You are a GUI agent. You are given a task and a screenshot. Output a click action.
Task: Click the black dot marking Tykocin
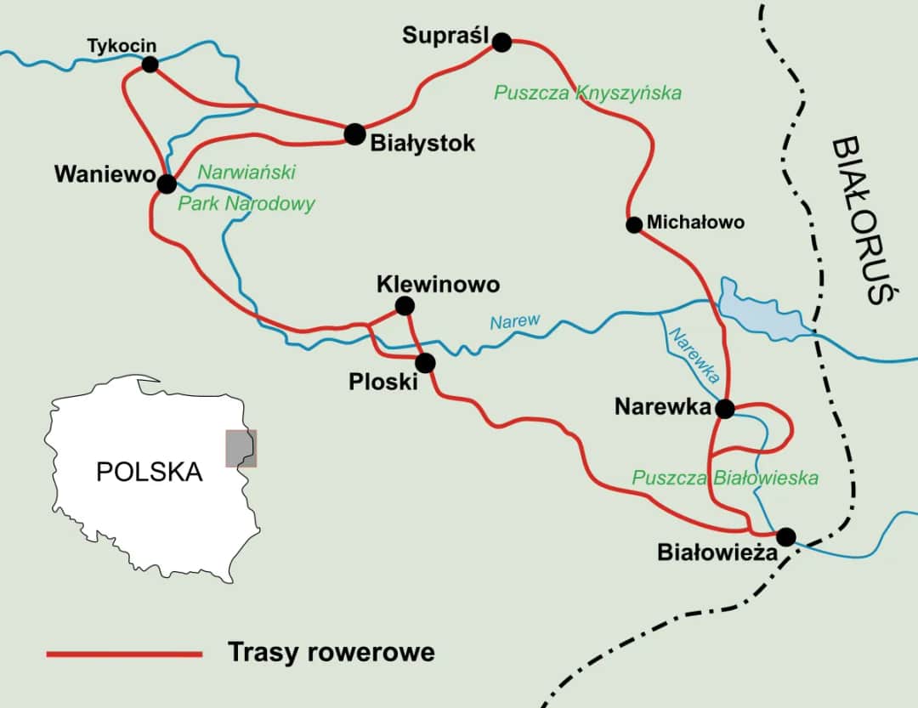150,64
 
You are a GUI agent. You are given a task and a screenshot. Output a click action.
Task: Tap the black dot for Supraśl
502,42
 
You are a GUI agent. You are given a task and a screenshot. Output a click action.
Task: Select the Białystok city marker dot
354,133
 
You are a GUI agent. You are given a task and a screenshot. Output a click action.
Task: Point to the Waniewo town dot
167,183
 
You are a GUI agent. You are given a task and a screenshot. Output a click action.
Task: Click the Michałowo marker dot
633,224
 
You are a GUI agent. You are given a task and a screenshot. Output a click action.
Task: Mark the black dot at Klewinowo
405,305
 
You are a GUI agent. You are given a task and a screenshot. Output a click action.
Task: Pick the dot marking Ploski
425,363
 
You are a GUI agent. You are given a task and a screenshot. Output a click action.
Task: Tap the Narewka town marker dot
724,409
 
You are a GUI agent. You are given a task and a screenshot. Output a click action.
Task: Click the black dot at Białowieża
786,537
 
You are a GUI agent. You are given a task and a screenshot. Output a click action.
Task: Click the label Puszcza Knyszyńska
587,93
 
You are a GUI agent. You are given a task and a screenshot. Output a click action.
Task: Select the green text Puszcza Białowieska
724,478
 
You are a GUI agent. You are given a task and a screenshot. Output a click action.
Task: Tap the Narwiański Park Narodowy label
246,188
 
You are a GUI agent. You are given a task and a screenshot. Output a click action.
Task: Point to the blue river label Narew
514,321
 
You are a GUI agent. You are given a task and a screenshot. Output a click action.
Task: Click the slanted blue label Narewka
694,354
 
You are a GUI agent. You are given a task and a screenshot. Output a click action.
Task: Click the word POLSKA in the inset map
149,472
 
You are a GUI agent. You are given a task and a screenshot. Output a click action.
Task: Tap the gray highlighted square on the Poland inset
241,449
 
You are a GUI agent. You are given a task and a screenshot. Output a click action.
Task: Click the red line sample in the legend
124,654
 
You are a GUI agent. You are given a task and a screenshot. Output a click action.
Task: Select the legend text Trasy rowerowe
331,652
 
